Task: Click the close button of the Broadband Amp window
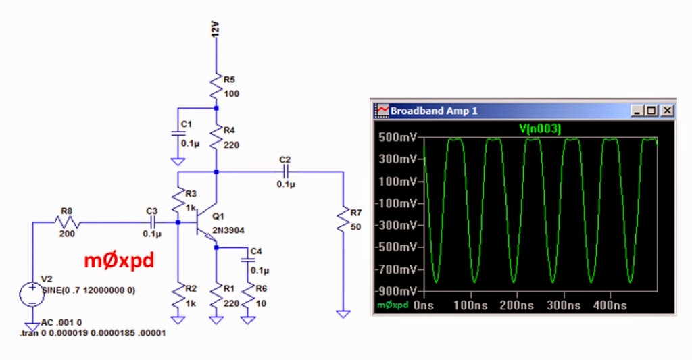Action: tap(667, 110)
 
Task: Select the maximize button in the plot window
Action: tap(651, 110)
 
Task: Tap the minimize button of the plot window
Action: tap(637, 110)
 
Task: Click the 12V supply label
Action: tap(216, 31)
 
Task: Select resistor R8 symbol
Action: tap(67, 222)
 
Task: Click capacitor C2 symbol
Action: tap(285, 172)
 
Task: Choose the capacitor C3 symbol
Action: tap(152, 222)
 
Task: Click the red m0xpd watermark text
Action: tap(118, 261)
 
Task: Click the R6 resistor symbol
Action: tap(247, 293)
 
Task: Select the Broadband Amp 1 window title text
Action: tap(434, 111)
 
